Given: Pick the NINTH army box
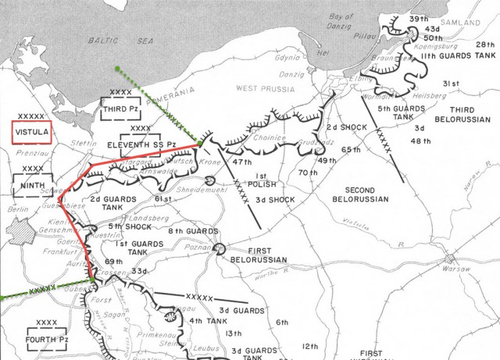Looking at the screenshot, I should (x=32, y=186).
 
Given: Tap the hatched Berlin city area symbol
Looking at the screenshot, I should (x=18, y=231).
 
